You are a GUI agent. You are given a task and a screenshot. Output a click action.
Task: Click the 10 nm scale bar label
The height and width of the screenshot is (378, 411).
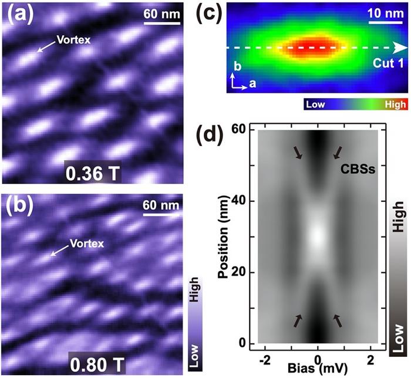pos(383,12)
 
